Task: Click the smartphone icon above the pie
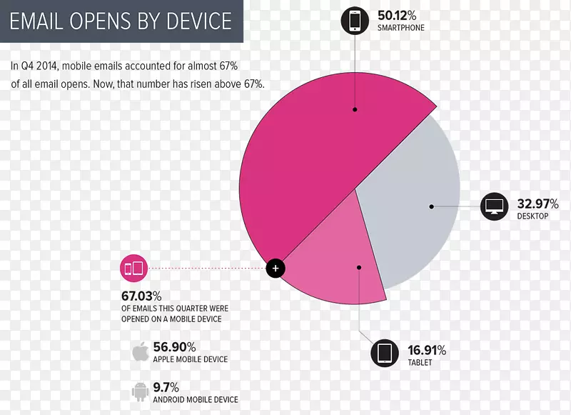click(x=355, y=20)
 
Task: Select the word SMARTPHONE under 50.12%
click(x=400, y=28)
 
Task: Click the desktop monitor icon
click(x=494, y=206)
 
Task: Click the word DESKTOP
click(x=532, y=216)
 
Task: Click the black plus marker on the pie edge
click(x=276, y=269)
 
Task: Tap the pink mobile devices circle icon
click(x=133, y=269)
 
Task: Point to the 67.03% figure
click(x=141, y=296)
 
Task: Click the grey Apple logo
click(x=140, y=352)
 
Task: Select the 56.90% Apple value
click(x=175, y=346)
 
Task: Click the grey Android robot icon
click(x=140, y=391)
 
